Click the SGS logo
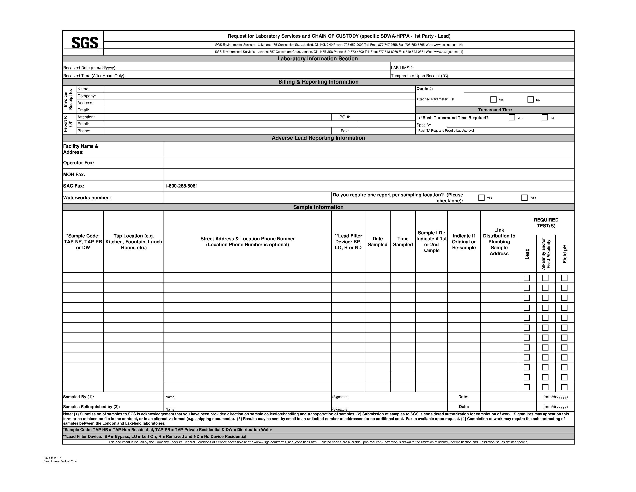pyautogui.click(x=85, y=43)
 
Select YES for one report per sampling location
pyautogui.click(x=481, y=198)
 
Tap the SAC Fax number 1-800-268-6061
pyautogui.click(x=181, y=186)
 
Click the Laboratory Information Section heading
pyautogui.click(x=317, y=59)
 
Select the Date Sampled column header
pyautogui.click(x=377, y=242)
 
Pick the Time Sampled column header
pyautogui.click(x=403, y=242)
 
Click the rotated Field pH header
pyautogui.click(x=565, y=254)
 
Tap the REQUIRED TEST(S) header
pyautogui.click(x=546, y=223)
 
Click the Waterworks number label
pyautogui.click(x=87, y=198)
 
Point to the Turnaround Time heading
pyautogui.click(x=495, y=110)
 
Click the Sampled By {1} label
pyautogui.click(x=79, y=397)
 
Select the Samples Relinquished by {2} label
pyautogui.click(x=91, y=407)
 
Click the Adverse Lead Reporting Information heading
pyautogui.click(x=318, y=138)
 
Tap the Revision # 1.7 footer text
pyautogui.click(x=52, y=458)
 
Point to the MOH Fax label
pyautogui.click(x=74, y=174)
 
